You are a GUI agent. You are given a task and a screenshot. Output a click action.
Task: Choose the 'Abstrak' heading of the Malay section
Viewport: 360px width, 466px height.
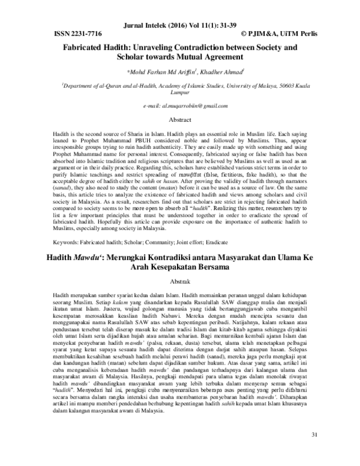180,282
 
